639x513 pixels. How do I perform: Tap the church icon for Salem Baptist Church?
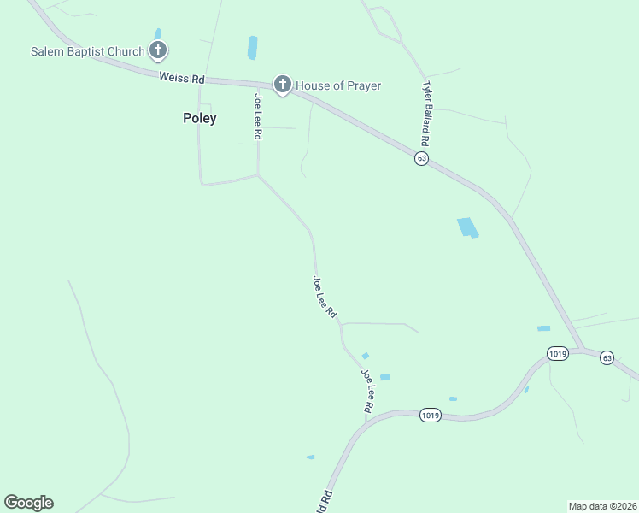157,50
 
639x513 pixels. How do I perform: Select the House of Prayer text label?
338,85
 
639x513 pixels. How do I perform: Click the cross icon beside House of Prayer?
282,85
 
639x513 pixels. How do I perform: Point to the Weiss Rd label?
181,78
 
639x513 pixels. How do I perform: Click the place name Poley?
199,119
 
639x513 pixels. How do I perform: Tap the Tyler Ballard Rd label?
425,113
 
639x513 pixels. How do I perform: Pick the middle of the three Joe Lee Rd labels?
325,298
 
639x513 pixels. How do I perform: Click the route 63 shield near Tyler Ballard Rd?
421,159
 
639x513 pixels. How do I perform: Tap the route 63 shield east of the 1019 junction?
607,357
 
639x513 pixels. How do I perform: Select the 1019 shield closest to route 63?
558,352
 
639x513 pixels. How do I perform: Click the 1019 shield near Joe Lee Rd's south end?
430,416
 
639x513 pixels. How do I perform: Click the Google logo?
28,503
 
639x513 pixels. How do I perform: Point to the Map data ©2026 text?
602,505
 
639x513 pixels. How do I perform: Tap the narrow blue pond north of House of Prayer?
252,48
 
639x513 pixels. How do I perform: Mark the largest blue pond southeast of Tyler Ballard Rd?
467,227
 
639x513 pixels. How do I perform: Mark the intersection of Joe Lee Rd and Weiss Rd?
260,85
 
